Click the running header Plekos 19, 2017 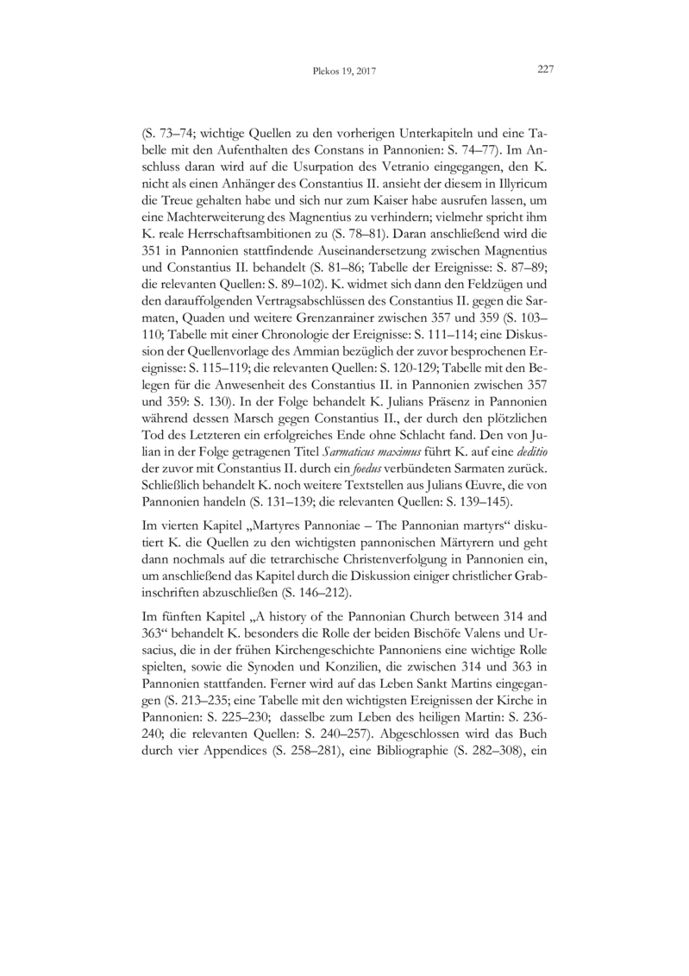pyautogui.click(x=344, y=72)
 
